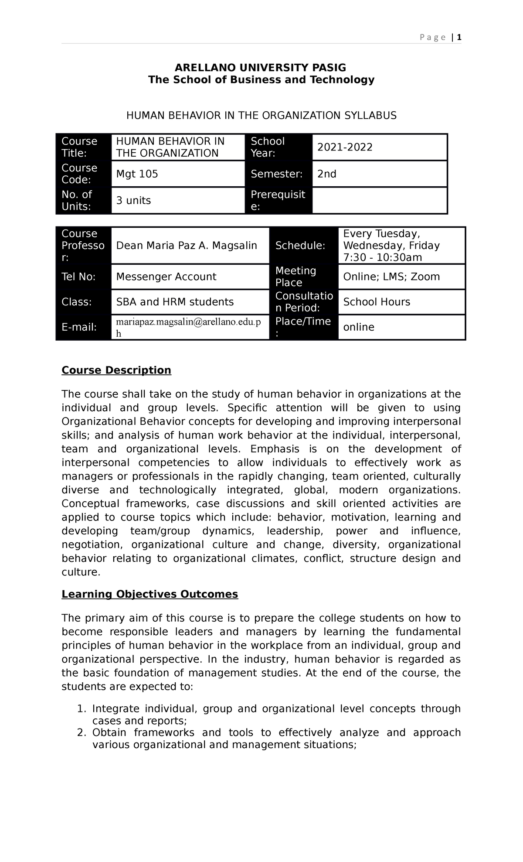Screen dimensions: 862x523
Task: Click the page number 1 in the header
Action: [459, 38]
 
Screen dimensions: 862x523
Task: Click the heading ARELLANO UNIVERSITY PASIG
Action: [260, 68]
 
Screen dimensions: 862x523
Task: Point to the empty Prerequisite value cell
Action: [379, 201]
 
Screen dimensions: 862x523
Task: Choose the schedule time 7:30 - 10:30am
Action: [382, 257]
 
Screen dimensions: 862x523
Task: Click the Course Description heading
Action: [116, 370]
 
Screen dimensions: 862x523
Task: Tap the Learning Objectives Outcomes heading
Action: [149, 594]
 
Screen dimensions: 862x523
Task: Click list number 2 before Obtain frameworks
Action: [80, 732]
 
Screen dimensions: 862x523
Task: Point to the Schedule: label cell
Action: [300, 246]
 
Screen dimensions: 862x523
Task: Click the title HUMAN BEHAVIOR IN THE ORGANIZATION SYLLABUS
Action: [261, 116]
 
